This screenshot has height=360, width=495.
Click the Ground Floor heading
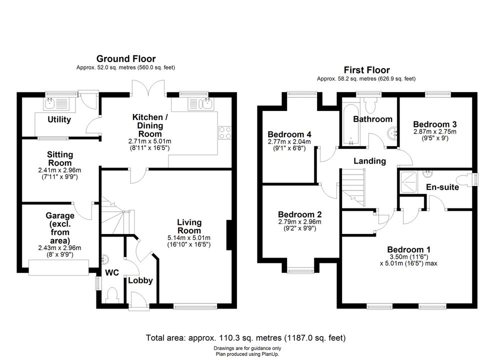(x=126, y=58)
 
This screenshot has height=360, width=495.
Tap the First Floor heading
(x=366, y=70)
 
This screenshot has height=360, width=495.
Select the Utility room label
(x=59, y=119)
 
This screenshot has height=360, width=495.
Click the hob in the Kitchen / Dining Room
(x=225, y=132)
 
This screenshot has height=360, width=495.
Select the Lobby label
(x=140, y=280)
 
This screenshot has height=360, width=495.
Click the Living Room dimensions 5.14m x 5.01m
(x=189, y=238)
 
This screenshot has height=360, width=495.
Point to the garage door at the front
(x=58, y=267)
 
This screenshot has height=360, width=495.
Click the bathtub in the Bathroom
(x=350, y=124)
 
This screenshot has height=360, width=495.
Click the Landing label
(x=369, y=161)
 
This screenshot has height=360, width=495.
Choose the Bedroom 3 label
(x=434, y=124)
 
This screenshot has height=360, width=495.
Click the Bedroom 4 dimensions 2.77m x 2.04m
(x=289, y=142)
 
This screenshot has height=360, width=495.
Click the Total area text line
(x=245, y=338)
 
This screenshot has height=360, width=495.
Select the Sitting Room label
(x=59, y=159)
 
